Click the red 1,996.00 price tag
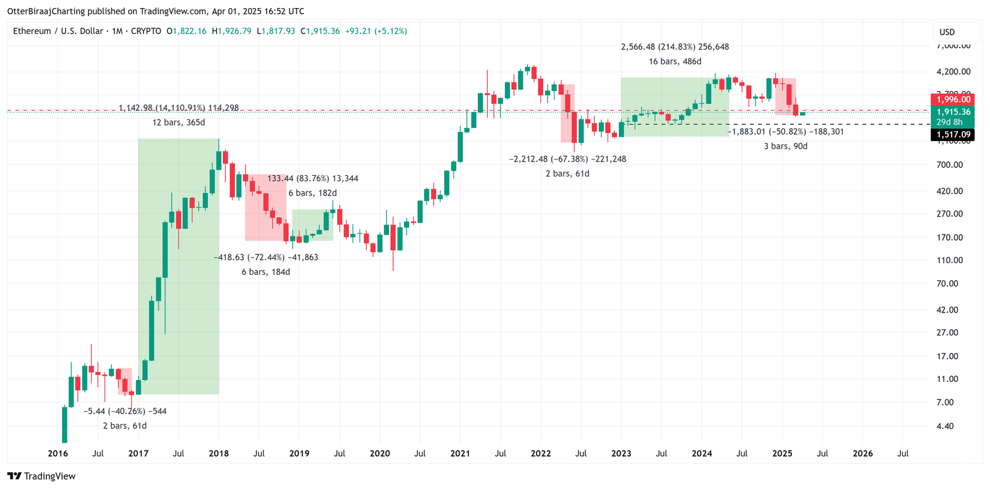[953, 100]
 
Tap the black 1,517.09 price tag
[953, 134]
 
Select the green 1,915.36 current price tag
[953, 112]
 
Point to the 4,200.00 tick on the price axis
[953, 72]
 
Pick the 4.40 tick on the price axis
[945, 426]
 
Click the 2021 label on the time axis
[460, 454]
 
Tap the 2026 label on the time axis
[863, 454]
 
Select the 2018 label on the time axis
[218, 454]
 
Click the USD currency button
[947, 32]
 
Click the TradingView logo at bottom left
[41, 476]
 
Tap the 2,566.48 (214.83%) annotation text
[674, 47]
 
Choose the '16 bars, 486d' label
[674, 62]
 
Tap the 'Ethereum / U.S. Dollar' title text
[58, 31]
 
